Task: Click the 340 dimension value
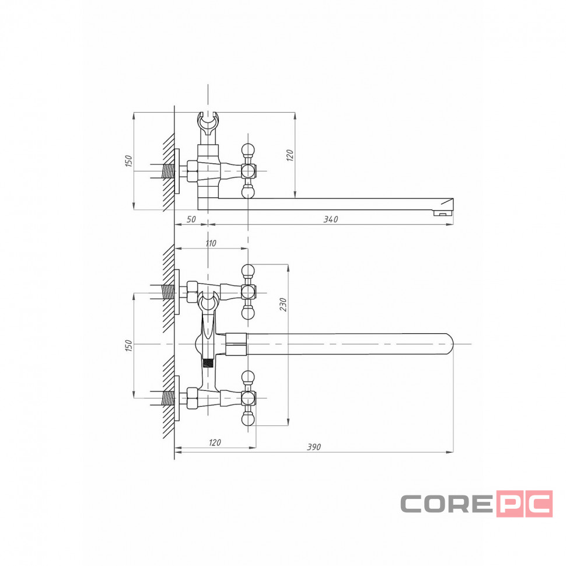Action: [x=331, y=219]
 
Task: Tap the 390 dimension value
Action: [x=314, y=447]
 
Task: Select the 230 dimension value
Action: [x=284, y=305]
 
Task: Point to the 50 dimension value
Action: [x=191, y=219]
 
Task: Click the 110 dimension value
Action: [x=211, y=243]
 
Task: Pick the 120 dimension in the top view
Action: [x=290, y=155]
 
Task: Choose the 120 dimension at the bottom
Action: [x=215, y=442]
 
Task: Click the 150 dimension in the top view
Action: [x=129, y=160]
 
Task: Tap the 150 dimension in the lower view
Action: [x=129, y=345]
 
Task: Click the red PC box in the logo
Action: [x=525, y=504]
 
